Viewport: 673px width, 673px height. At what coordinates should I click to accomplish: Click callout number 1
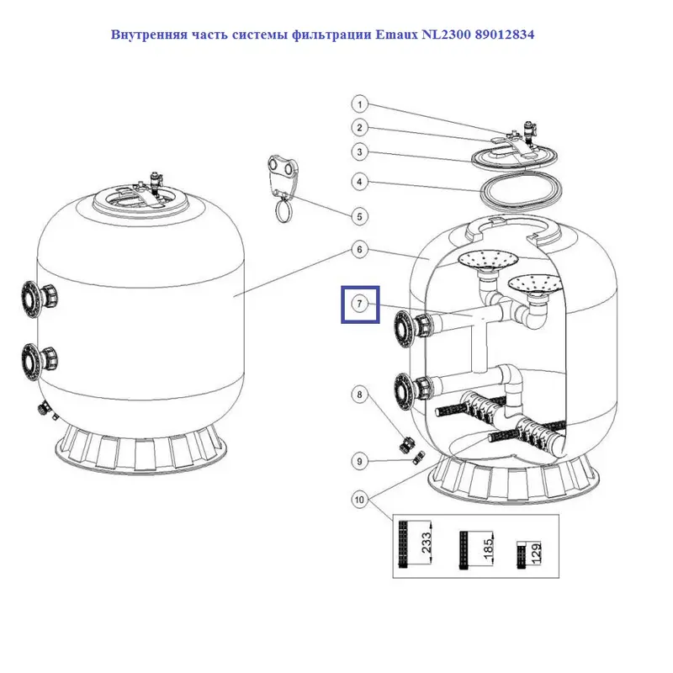coord(360,104)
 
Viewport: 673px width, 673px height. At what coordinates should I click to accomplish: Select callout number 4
coord(360,182)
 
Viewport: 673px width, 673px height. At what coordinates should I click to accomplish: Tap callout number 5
coord(360,216)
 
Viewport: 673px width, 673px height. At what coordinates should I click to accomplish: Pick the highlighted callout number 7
coord(360,305)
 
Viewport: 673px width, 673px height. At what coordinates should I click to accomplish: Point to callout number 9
coord(360,461)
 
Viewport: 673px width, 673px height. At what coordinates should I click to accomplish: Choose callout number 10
coord(360,499)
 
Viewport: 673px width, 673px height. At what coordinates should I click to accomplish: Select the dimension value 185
coord(488,549)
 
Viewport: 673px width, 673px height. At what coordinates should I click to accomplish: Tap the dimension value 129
coord(536,552)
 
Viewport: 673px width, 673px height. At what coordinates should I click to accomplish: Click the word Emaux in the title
coord(396,34)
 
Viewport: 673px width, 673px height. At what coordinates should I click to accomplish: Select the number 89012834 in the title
coord(505,34)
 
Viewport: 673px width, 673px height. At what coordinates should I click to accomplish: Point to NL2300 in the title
coord(447,34)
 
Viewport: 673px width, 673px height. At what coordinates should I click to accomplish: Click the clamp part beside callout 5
coord(283,188)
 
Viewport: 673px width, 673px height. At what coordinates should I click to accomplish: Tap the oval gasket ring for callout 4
coord(520,188)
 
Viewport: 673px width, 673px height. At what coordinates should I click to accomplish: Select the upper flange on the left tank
coord(39,299)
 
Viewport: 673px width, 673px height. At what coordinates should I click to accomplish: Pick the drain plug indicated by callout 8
coord(405,445)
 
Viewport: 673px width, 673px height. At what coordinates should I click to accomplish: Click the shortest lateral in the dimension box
coord(522,555)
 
